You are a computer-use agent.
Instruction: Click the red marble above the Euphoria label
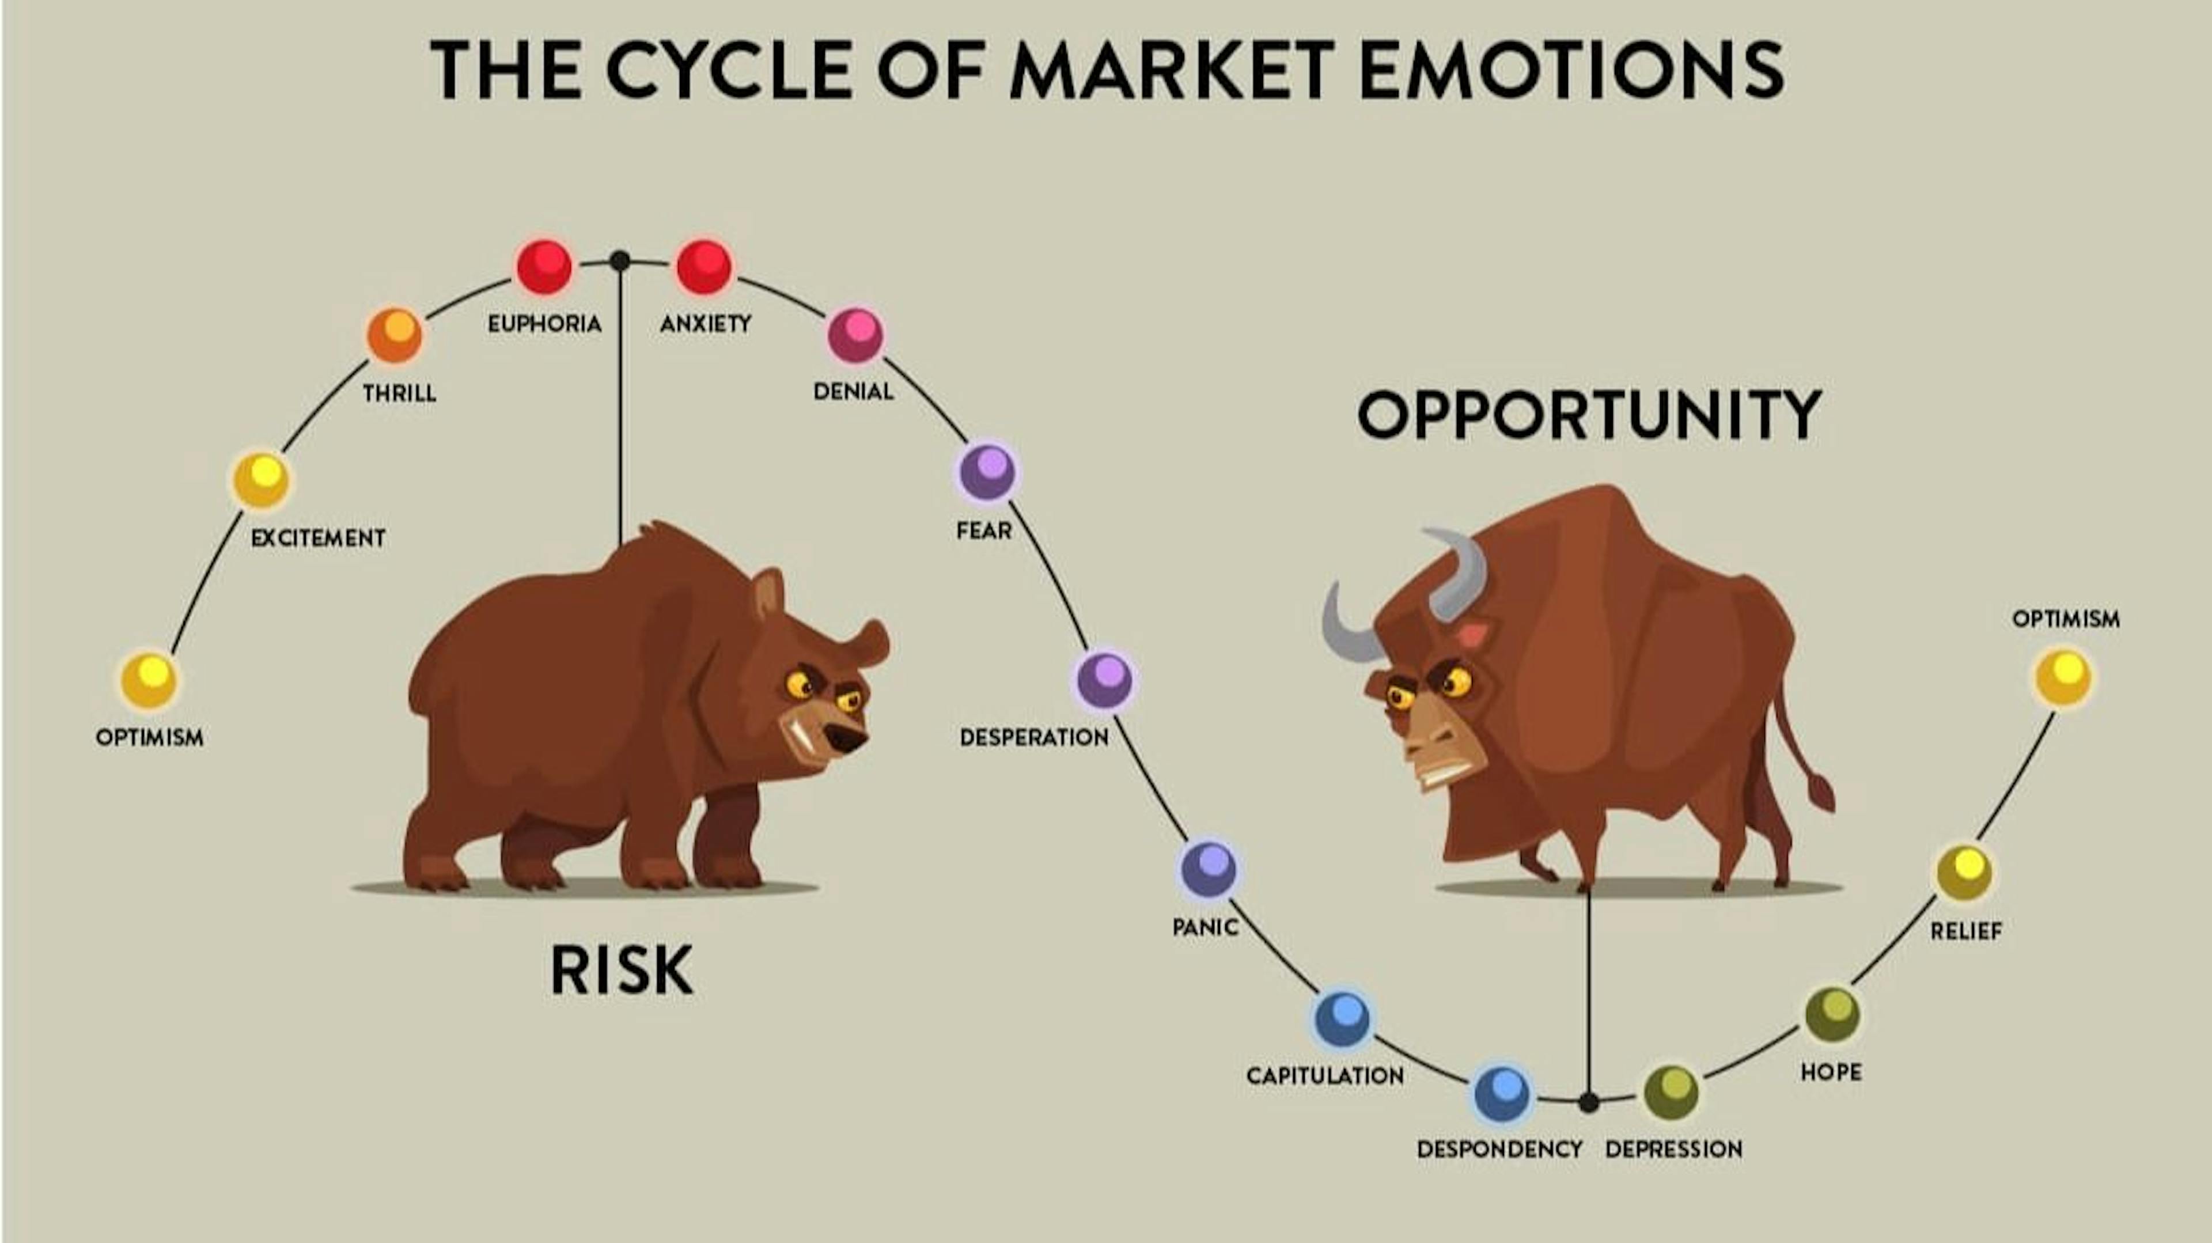(544, 266)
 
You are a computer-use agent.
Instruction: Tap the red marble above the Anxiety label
(704, 266)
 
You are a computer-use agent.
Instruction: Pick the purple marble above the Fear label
(987, 471)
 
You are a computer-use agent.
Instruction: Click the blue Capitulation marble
(1343, 1018)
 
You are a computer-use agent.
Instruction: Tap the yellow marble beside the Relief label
(1965, 872)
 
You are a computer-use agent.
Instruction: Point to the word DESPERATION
(1034, 737)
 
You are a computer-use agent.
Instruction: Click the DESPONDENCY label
(1499, 1149)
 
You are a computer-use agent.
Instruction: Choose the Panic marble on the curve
(1208, 868)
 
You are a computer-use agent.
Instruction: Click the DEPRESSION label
(1673, 1149)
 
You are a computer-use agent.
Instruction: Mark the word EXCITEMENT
(318, 538)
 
